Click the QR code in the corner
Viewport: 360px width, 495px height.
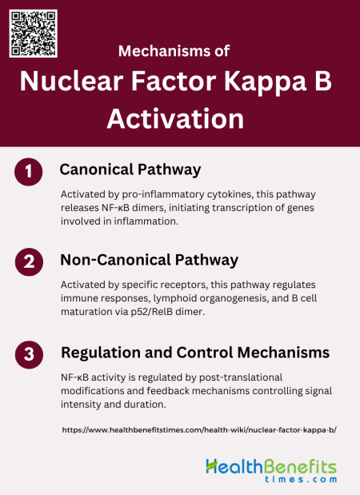(x=33, y=33)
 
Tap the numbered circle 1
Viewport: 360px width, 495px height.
(x=29, y=172)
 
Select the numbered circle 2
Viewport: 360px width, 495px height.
(x=29, y=262)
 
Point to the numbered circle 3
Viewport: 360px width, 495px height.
(x=29, y=353)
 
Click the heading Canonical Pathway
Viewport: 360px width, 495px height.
(x=130, y=170)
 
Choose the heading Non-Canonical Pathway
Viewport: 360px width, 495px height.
(x=150, y=260)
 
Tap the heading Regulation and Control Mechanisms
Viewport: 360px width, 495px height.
(x=196, y=352)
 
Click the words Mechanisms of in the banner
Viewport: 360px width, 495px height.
(x=174, y=51)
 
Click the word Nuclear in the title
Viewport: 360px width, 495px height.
(x=71, y=82)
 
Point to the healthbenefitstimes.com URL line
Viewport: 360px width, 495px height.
(x=199, y=429)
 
